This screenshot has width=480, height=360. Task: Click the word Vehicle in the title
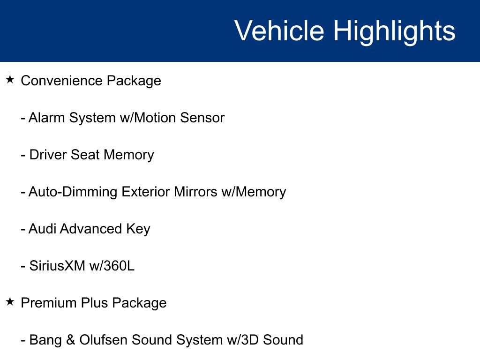point(279,31)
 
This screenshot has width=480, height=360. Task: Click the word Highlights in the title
point(394,31)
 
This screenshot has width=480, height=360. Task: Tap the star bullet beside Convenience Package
point(10,80)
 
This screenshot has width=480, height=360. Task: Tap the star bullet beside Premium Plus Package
point(10,302)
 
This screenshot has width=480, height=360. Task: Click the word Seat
point(85,155)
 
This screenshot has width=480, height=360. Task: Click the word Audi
point(42,229)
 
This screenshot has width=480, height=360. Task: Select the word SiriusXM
point(57,266)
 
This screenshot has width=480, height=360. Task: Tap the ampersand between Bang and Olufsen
point(71,340)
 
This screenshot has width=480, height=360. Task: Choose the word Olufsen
point(104,340)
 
